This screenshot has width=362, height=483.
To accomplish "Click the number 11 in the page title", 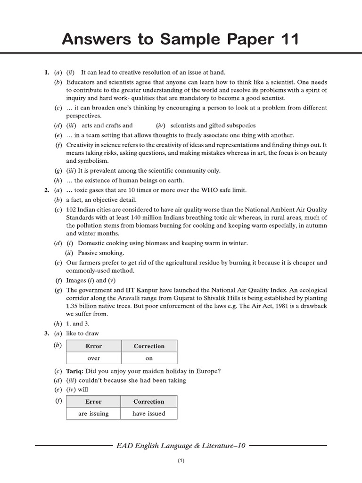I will (288, 40).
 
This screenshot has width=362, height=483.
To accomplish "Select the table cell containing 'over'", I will (94, 358).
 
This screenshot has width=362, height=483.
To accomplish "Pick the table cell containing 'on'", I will (149, 358).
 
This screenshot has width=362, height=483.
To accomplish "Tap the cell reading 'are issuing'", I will (93, 414).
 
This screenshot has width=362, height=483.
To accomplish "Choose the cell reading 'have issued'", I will (148, 414).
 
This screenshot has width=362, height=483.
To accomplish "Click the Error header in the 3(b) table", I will (94, 346).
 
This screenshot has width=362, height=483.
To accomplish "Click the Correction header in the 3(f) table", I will (148, 402).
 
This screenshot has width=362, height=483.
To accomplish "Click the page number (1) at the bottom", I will (181, 462).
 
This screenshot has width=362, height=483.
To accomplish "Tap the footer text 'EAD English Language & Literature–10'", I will (181, 445).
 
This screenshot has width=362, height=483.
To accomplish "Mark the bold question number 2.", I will (47, 190).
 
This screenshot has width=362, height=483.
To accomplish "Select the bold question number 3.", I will (47, 333).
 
